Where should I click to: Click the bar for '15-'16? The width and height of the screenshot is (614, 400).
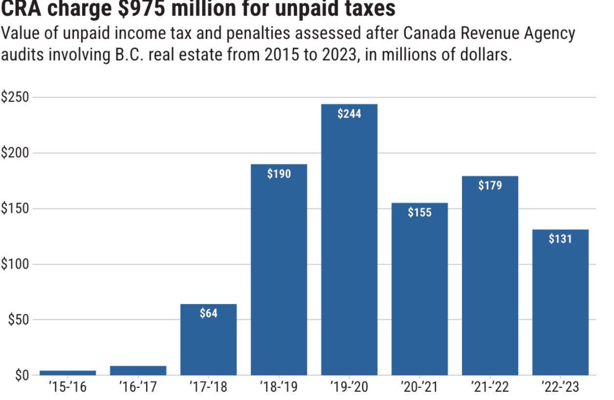click(67, 373)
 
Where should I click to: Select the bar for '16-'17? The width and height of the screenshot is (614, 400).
click(138, 371)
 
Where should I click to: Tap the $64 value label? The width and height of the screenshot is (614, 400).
click(208, 313)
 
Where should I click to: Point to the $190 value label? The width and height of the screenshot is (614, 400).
click(279, 174)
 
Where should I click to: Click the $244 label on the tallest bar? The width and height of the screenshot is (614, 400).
click(349, 114)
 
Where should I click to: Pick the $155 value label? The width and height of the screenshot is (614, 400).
click(419, 213)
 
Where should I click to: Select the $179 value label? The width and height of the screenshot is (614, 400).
click(490, 186)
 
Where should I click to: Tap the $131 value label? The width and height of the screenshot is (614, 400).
click(560, 239)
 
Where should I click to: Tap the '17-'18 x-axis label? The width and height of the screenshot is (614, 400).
click(208, 388)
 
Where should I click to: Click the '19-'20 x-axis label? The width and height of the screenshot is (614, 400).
click(349, 388)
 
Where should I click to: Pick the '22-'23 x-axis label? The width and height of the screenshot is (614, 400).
click(560, 388)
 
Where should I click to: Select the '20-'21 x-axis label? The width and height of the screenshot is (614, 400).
click(419, 388)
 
